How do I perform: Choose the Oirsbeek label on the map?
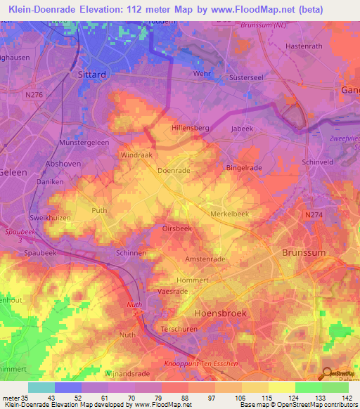pos(176,228)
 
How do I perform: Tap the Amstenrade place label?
pos(205,259)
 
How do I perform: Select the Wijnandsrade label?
pos(129,374)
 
